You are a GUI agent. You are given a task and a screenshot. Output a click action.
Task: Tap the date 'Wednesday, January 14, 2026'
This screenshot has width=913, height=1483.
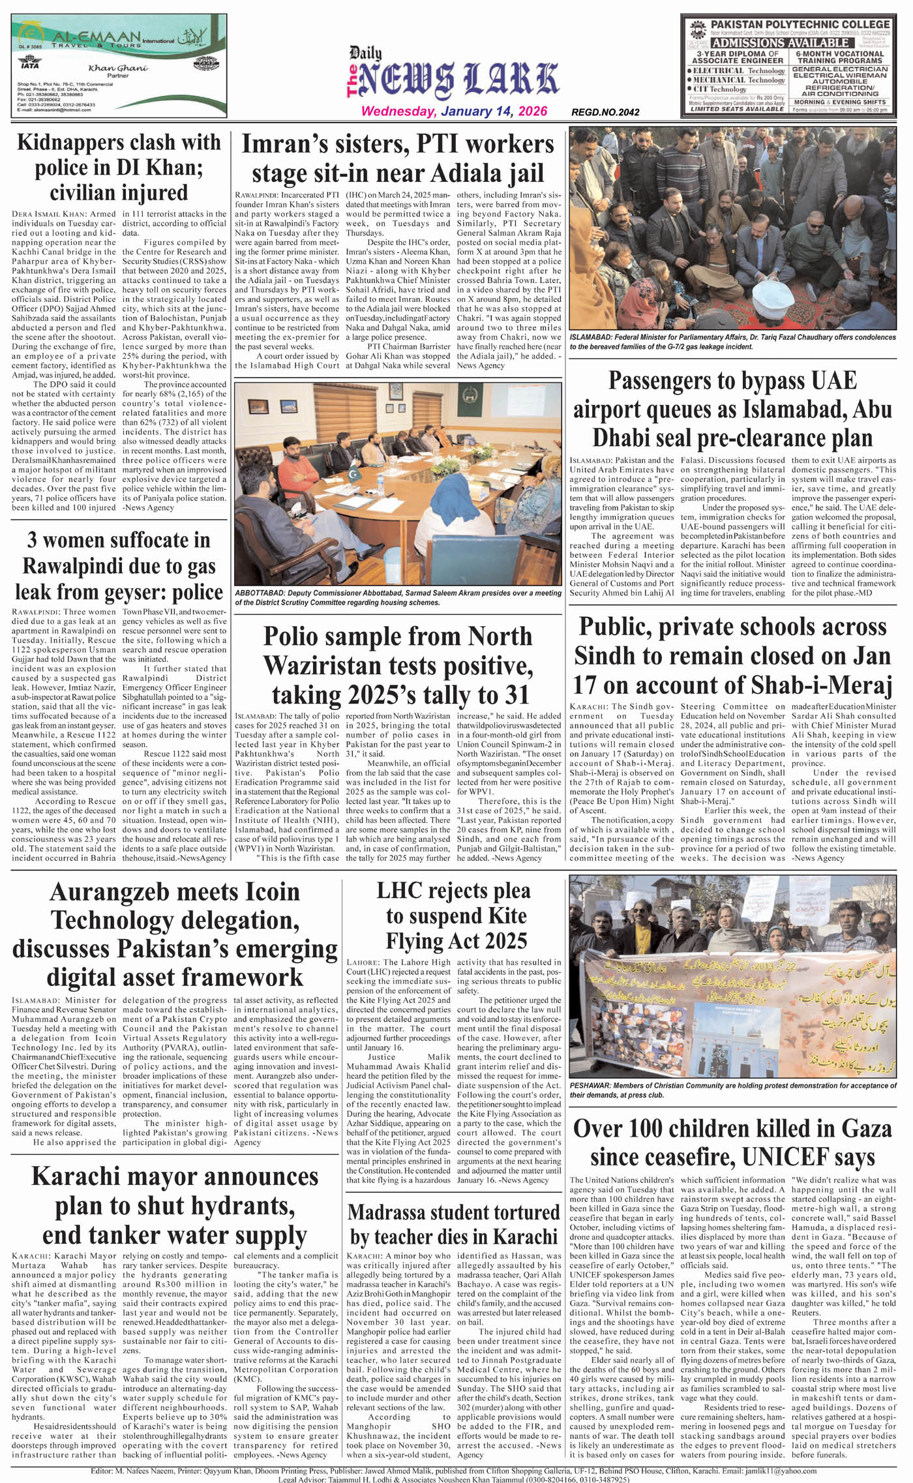coord(454,112)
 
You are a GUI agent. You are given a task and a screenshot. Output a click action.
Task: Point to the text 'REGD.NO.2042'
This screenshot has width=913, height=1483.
coord(605,112)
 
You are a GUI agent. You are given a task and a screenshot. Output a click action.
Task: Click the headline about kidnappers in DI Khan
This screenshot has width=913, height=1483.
coord(119,167)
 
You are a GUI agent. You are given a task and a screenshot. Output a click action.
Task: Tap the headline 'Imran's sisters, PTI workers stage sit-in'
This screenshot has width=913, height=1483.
coord(398,158)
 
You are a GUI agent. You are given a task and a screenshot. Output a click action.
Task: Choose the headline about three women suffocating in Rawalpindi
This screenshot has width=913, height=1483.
coord(119,565)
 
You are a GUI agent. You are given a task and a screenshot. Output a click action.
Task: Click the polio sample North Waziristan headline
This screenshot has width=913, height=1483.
coord(398,665)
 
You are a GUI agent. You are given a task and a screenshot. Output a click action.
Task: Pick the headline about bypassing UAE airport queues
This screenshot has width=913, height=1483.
coord(732,409)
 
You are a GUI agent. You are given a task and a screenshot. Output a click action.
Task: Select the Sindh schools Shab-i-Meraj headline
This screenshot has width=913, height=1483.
coord(732,655)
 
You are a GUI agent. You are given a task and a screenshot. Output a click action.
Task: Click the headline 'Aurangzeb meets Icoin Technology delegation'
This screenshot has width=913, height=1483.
coord(175,934)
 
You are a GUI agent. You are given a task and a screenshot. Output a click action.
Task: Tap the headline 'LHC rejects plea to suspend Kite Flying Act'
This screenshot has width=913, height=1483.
coord(455,916)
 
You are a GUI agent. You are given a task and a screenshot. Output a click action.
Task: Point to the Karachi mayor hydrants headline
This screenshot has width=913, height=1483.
coord(175,1206)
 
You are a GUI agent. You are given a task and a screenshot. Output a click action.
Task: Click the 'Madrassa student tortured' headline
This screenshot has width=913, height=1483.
coord(454,1224)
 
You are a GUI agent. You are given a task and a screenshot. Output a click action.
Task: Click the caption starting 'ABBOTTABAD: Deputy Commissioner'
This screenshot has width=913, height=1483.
coord(398,597)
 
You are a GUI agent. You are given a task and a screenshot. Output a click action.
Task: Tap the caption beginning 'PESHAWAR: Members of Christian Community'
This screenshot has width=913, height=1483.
coord(732,1090)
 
